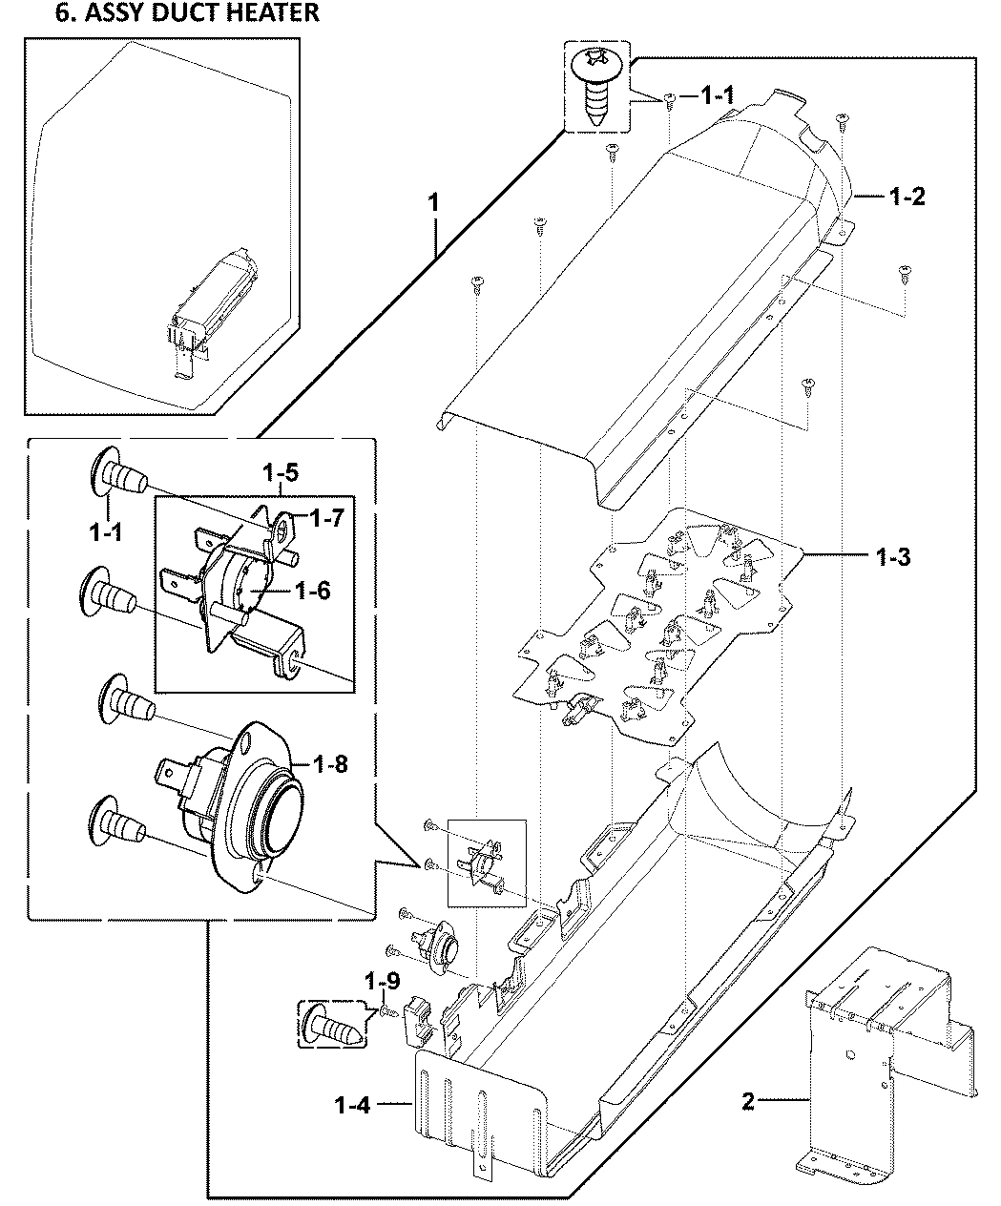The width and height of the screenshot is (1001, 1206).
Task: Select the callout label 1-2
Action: [x=907, y=198]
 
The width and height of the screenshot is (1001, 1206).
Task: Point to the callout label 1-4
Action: [x=352, y=1105]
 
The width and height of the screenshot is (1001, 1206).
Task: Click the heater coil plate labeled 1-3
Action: [x=658, y=620]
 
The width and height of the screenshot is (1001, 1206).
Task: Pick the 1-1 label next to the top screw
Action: [x=717, y=95]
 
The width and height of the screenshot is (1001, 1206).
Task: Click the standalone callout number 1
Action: [x=433, y=203]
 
